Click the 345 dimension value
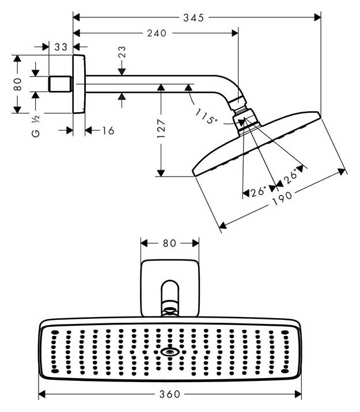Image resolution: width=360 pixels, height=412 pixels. pyautogui.click(x=194, y=18)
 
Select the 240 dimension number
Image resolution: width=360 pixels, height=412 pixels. pyautogui.click(x=157, y=33)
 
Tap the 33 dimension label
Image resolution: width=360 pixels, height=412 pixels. pyautogui.click(x=61, y=47)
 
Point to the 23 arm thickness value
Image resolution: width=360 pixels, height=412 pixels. pyautogui.click(x=122, y=52)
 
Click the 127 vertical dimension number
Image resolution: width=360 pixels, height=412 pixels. pyautogui.click(x=161, y=128)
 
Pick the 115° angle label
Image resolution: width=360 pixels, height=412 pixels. pyautogui.click(x=206, y=116)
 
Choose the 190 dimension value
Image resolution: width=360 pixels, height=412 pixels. pyautogui.click(x=282, y=199)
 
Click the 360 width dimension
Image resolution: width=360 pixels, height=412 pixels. pyautogui.click(x=170, y=394)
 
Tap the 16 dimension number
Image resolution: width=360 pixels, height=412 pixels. pyautogui.click(x=108, y=131)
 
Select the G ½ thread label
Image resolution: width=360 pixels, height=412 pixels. pyautogui.click(x=36, y=126)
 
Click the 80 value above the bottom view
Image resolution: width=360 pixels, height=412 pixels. pyautogui.click(x=169, y=243)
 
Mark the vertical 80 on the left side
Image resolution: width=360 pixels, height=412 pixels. pyautogui.click(x=18, y=84)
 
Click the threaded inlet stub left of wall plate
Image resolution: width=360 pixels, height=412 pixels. pyautogui.click(x=60, y=84)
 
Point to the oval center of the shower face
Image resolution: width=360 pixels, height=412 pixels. pyautogui.click(x=170, y=352)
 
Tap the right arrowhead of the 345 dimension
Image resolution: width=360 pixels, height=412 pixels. pyautogui.click(x=317, y=18)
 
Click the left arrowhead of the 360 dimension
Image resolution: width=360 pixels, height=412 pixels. pyautogui.click(x=42, y=394)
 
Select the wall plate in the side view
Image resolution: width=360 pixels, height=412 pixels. pyautogui.click(x=79, y=84)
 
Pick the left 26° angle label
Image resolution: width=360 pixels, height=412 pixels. pyautogui.click(x=258, y=192)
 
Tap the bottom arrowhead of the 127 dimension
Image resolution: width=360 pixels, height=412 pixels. pyautogui.click(x=161, y=173)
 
